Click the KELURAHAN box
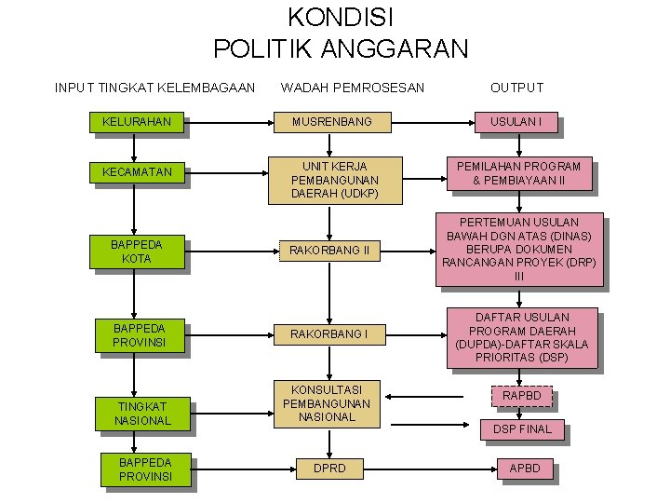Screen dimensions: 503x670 pyautogui.click(x=136, y=122)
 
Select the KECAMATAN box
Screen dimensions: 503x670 pyautogui.click(x=136, y=173)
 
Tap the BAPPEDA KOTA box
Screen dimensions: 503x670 pyautogui.click(x=136, y=251)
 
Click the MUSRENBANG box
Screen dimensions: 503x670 pyautogui.click(x=331, y=122)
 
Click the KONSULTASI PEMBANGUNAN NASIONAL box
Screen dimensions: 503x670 pyautogui.click(x=325, y=403)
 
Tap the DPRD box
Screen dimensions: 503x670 pyautogui.click(x=328, y=469)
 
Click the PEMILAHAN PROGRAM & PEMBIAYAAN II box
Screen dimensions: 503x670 pyautogui.click(x=518, y=173)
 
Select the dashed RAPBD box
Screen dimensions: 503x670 pyautogui.click(x=521, y=396)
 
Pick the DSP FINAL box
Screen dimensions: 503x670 pyautogui.click(x=521, y=429)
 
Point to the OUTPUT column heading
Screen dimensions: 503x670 pyautogui.click(x=516, y=88)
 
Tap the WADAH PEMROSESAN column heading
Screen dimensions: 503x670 pyautogui.click(x=352, y=88)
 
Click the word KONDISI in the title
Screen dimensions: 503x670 pyautogui.click(x=341, y=17)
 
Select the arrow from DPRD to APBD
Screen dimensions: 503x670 pyautogui.click(x=436, y=469)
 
